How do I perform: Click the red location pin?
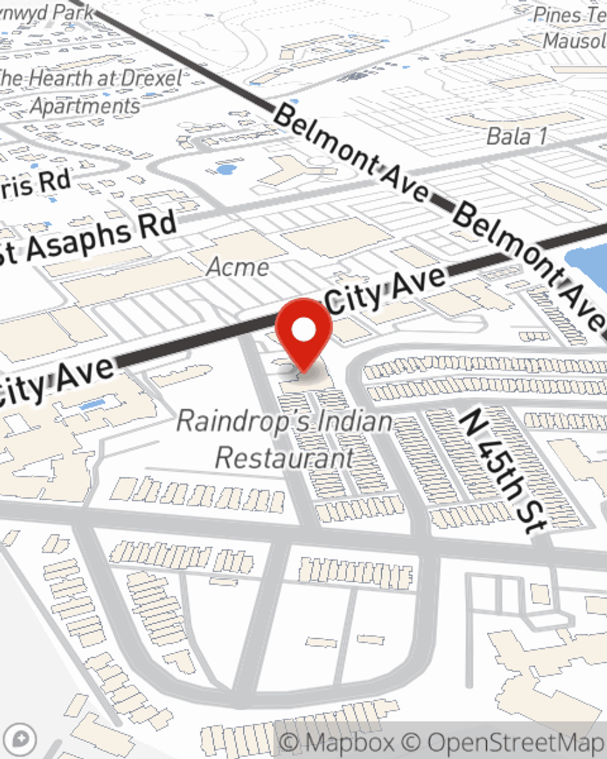(x=303, y=332)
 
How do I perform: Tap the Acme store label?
(x=238, y=267)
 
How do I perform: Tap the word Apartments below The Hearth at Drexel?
(x=85, y=106)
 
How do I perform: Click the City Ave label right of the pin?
(x=387, y=290)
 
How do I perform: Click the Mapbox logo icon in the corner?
(x=20, y=740)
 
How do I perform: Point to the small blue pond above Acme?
(x=226, y=169)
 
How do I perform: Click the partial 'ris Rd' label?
(x=36, y=184)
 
